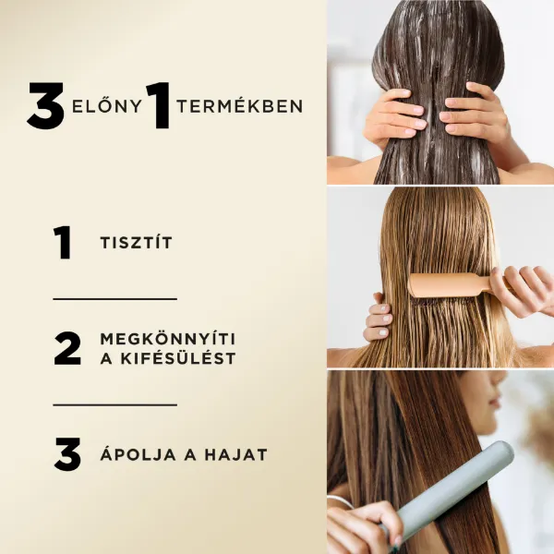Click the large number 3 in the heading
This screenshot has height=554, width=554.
[x=45, y=106]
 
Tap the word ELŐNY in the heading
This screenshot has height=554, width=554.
[x=106, y=106]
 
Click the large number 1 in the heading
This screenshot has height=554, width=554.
[x=158, y=106]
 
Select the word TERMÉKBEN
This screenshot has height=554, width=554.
[x=239, y=106]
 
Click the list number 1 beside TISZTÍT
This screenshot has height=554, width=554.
[x=63, y=243]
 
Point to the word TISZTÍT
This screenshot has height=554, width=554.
[x=136, y=244]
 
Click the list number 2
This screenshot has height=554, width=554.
[x=66, y=348]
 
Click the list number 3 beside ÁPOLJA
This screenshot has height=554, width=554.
[x=66, y=454]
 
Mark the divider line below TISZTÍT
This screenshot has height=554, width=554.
[x=114, y=299]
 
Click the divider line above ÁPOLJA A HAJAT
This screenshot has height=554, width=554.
[x=114, y=404]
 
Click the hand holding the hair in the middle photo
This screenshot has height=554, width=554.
[x=378, y=319]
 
